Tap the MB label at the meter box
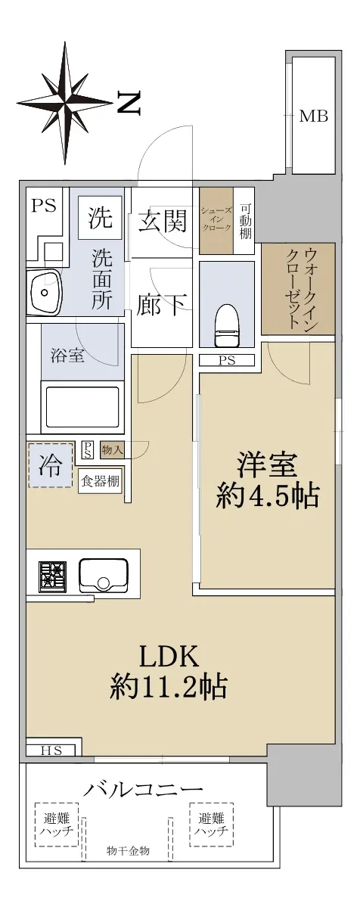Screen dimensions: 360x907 coord(313,116)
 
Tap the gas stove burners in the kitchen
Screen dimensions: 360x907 coord(53,576)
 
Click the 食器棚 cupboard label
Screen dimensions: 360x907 coord(100,481)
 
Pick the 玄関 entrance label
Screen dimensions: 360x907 coord(162,222)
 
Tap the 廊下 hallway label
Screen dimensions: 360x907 coord(162,304)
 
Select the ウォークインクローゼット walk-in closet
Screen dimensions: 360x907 coord(297,289)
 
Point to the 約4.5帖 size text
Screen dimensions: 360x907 coord(267,495)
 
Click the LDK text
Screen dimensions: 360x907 coord(168,657)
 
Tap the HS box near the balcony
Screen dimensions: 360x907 coord(52,751)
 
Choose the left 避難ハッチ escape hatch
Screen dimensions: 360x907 coord(57,825)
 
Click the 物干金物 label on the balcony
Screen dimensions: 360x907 coord(128,851)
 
